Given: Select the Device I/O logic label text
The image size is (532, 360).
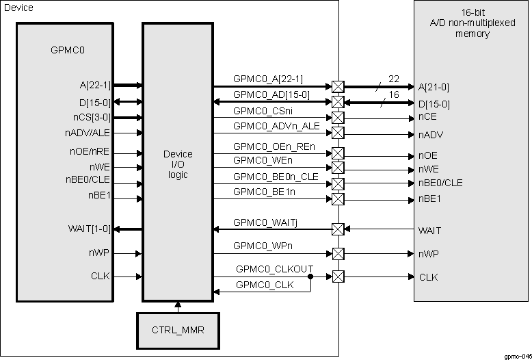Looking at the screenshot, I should click(x=177, y=165).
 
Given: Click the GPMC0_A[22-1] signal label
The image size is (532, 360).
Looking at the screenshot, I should click(x=268, y=79).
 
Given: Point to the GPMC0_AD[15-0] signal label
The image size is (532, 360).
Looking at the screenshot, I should click(x=271, y=94).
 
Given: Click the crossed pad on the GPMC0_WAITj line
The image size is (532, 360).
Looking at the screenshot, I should click(x=337, y=229).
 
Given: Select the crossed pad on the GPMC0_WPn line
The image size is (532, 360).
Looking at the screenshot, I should click(x=337, y=253).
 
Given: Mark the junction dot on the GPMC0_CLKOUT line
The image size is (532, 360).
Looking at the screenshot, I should click(x=311, y=277).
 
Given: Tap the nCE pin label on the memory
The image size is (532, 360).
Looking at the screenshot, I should click(x=427, y=117).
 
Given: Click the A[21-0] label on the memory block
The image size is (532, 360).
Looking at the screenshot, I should click(x=434, y=87).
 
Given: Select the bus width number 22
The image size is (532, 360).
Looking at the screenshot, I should click(x=393, y=79).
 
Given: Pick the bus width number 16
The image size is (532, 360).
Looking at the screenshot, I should click(x=393, y=94).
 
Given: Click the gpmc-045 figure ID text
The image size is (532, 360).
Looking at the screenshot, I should click(x=517, y=356).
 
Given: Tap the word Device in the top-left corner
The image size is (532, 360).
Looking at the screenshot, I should click(x=18, y=7).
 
